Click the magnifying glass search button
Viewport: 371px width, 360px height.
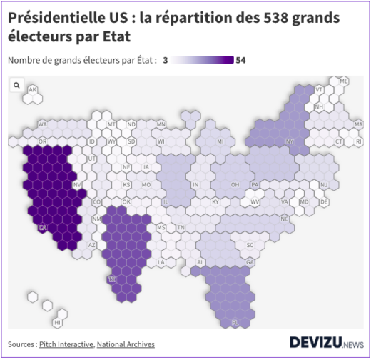[16, 85]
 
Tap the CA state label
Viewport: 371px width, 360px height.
[43, 228]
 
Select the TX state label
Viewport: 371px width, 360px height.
[112, 279]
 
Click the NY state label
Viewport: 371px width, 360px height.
[289, 141]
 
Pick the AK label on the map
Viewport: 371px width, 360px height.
[32, 90]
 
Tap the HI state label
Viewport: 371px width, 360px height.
[57, 323]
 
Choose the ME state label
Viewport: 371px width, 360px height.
[344, 82]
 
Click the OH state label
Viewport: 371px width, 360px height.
[235, 184]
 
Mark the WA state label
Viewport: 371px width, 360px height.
[42, 124]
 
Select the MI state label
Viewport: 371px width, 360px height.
[220, 141]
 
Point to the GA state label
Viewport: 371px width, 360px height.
[250, 262]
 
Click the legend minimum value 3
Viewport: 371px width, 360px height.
[166, 60]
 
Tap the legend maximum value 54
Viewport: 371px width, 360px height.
[240, 60]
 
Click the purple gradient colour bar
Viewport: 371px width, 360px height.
[203, 60]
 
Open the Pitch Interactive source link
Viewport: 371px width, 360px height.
[66, 344]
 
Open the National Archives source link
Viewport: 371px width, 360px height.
[126, 344]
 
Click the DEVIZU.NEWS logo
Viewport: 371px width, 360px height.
[326, 343]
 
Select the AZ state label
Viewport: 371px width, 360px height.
[91, 245]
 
